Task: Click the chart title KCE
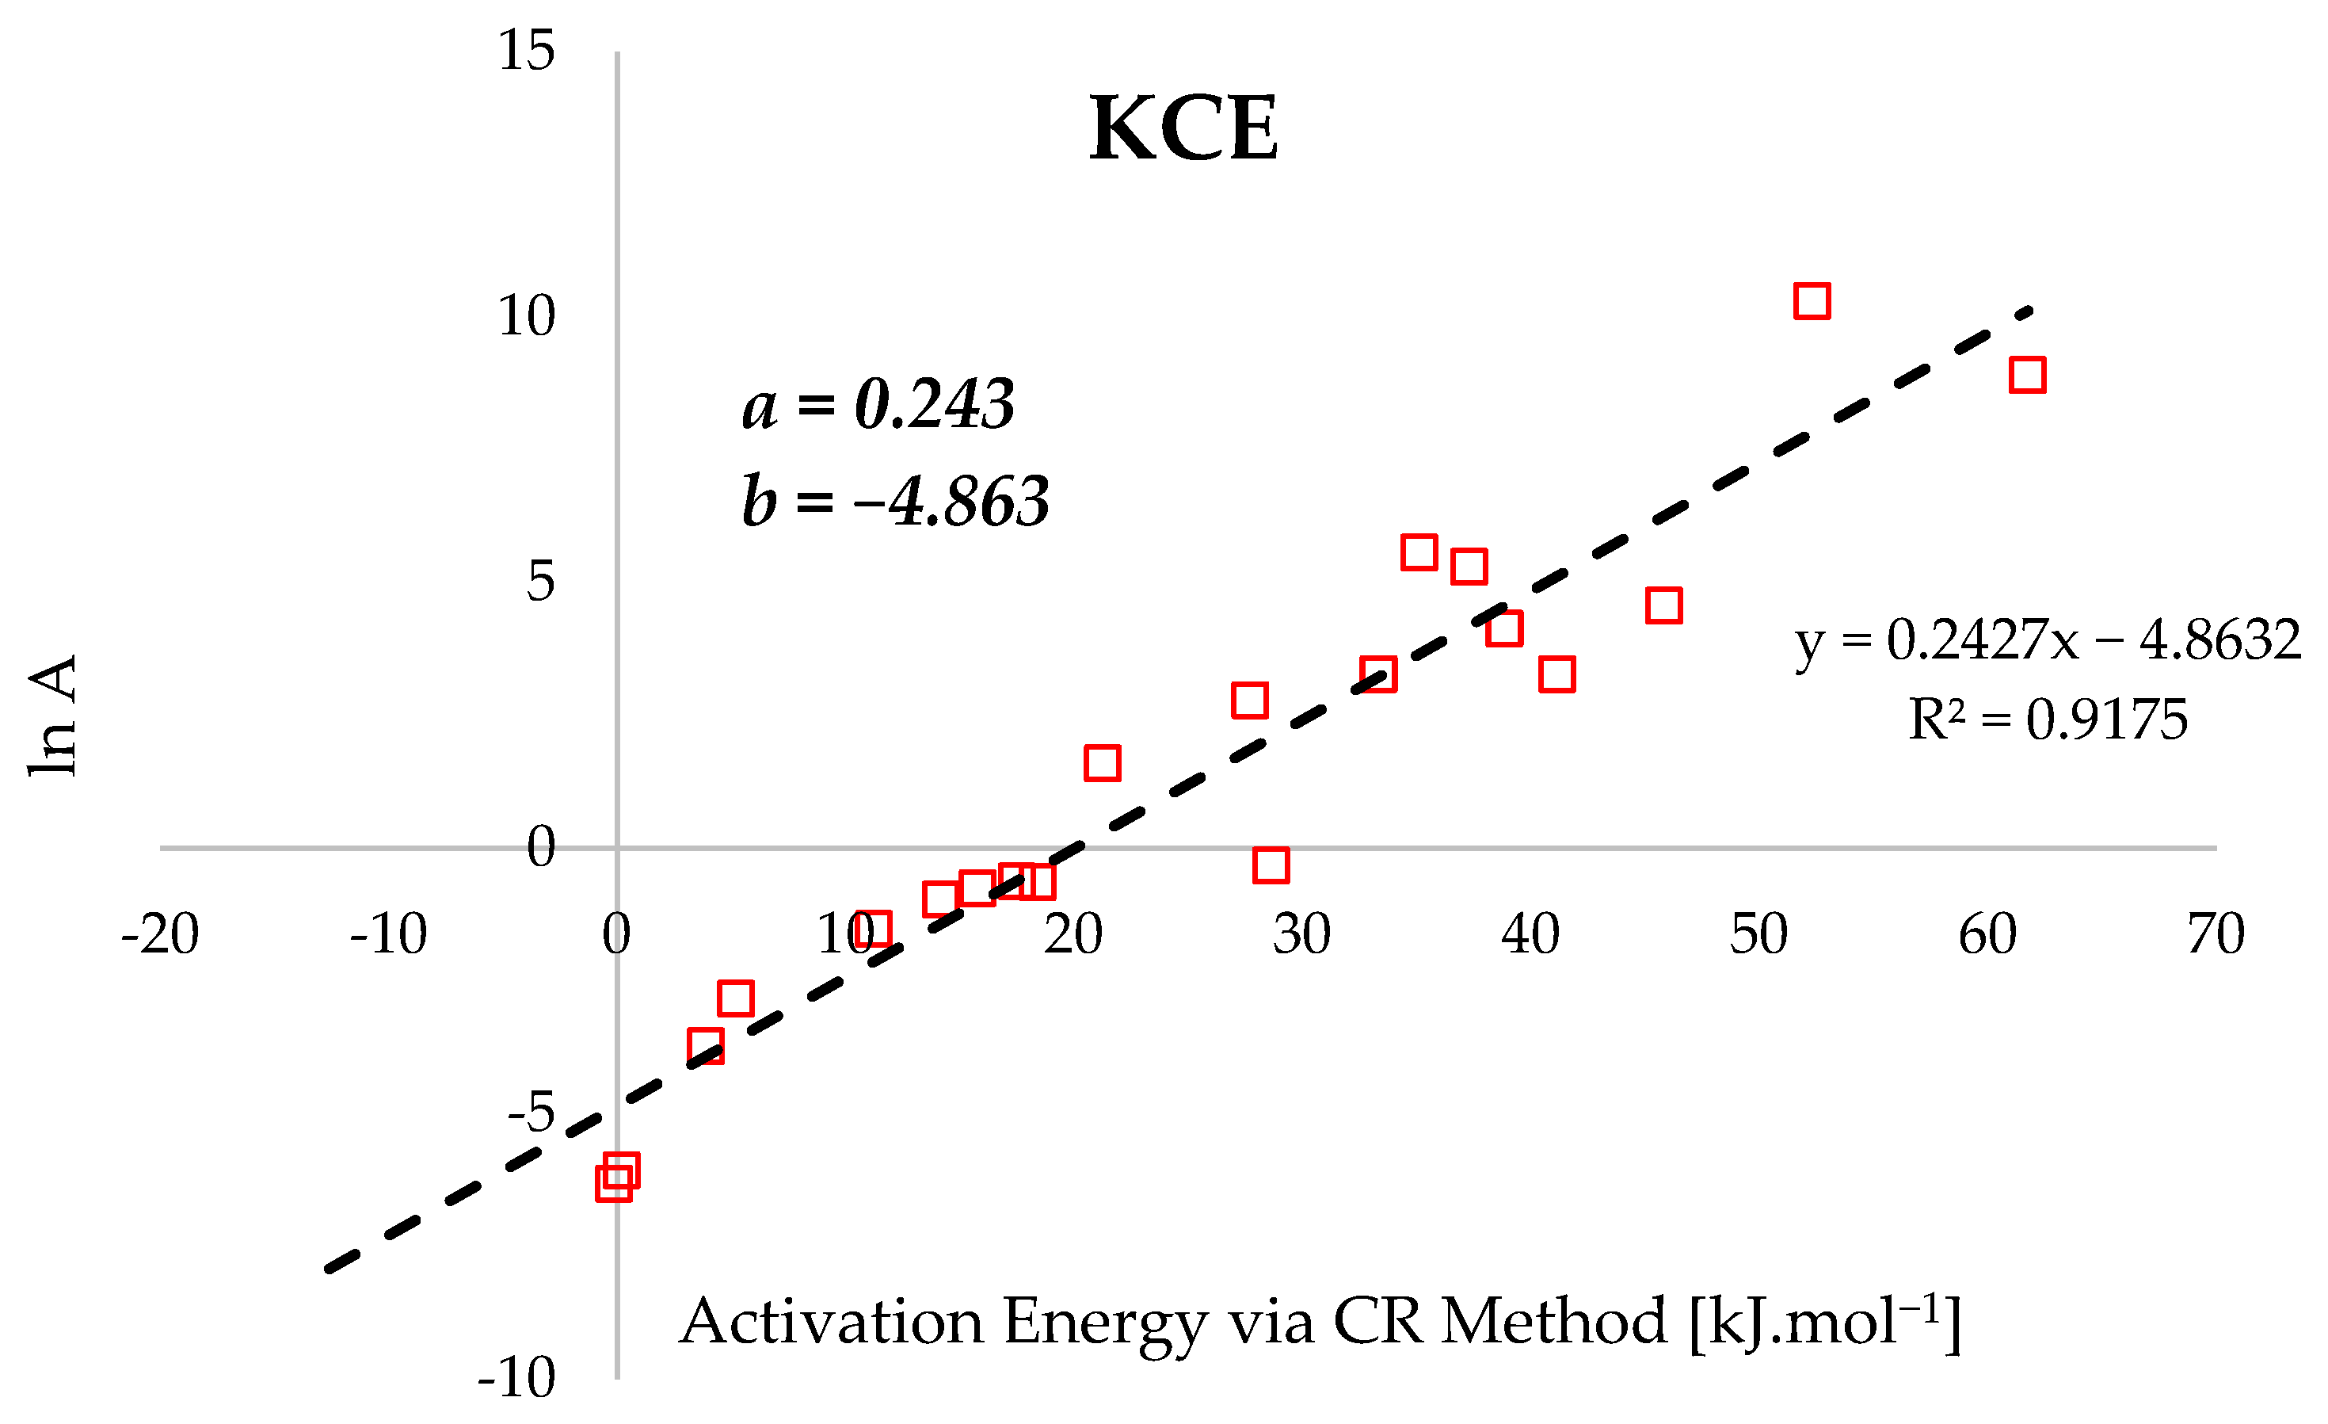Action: click(1184, 129)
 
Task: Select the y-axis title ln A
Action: click(53, 716)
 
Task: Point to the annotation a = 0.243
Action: click(878, 403)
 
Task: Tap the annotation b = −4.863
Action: click(896, 500)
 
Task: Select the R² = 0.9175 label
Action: click(2048, 720)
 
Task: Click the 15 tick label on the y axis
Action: click(526, 50)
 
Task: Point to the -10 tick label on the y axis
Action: click(516, 1378)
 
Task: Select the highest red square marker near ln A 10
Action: click(1812, 300)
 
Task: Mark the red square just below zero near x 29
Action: click(1271, 865)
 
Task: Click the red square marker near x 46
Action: click(1663, 605)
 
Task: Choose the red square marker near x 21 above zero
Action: click(1103, 762)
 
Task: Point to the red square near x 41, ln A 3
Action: click(1557, 674)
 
